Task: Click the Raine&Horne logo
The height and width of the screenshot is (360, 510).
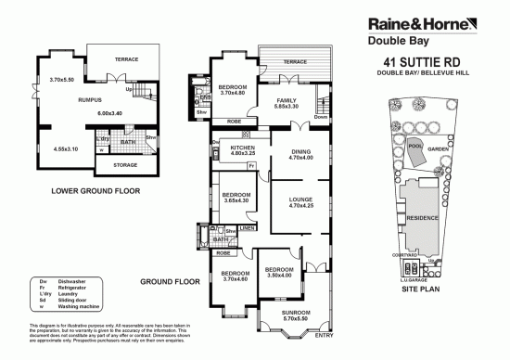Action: pyautogui.click(x=421, y=24)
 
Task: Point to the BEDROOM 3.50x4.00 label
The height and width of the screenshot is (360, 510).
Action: pyautogui.click(x=279, y=272)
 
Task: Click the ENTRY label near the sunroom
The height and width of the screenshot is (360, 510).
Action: pyautogui.click(x=324, y=348)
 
